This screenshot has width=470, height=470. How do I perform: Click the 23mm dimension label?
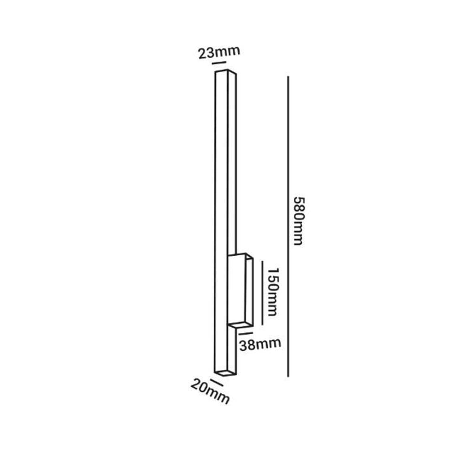point(219,52)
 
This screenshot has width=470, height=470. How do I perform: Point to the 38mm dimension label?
point(260,345)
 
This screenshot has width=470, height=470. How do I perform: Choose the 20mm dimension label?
point(210,391)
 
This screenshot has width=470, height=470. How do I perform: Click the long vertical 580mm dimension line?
point(288,226)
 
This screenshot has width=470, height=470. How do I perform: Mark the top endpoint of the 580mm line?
point(288,77)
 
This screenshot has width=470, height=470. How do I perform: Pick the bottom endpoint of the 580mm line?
point(288,376)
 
